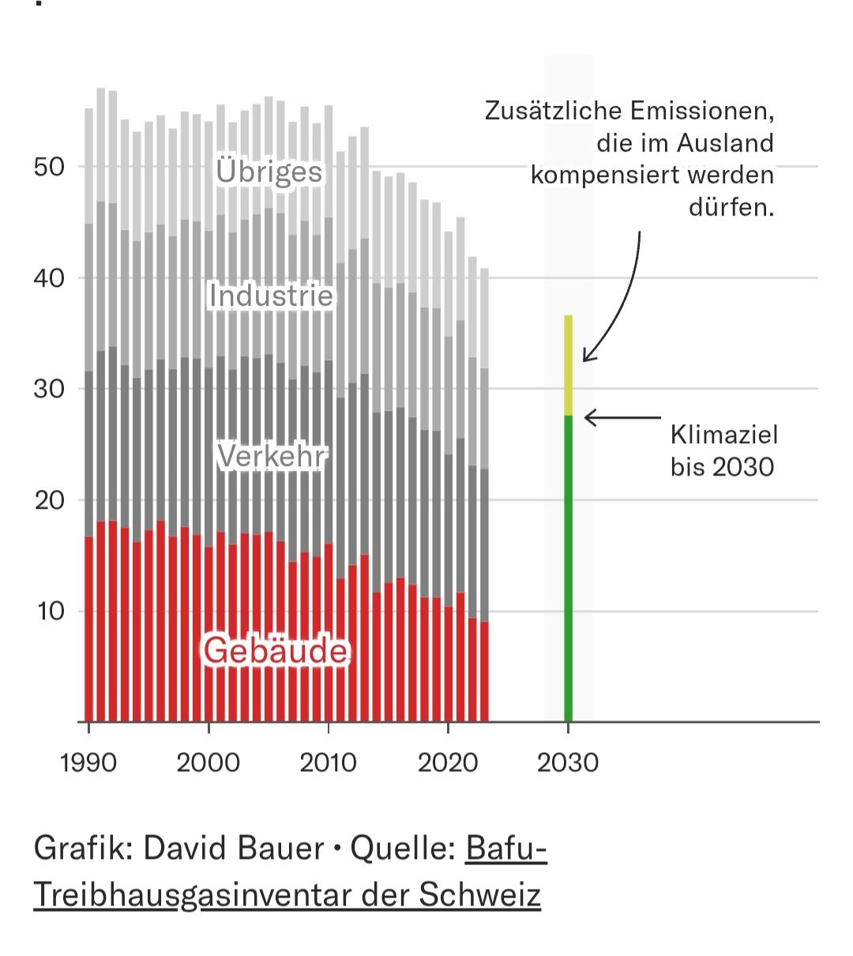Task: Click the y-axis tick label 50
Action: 48,167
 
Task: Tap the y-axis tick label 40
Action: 48,278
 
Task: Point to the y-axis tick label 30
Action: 48,390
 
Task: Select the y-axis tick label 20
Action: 48,500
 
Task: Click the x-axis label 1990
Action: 88,762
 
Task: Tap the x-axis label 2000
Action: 209,762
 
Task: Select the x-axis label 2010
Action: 329,762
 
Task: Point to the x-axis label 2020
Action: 448,762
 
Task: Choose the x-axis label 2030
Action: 568,762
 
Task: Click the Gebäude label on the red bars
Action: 276,651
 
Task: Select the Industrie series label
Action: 271,296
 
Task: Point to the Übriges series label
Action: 269,172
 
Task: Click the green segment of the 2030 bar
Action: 568,569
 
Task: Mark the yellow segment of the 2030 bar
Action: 568,365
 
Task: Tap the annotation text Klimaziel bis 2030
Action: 723,450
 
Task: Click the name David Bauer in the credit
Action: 234,849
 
